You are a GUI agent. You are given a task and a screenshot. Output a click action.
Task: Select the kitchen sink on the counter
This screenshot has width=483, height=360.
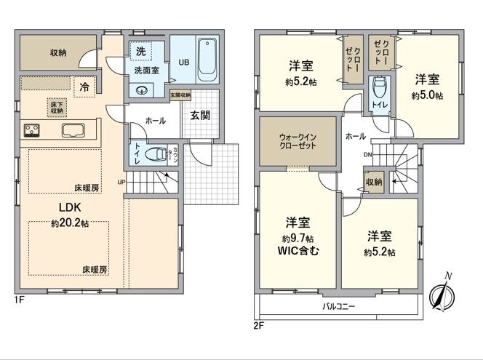coord(74,131)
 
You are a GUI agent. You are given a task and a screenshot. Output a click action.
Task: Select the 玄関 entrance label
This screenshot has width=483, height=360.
coord(199,115)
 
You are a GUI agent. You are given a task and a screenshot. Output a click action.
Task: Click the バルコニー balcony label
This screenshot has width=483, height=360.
coord(339,307)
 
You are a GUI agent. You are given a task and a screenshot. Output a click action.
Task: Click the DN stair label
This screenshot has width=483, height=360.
coord(368,155)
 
